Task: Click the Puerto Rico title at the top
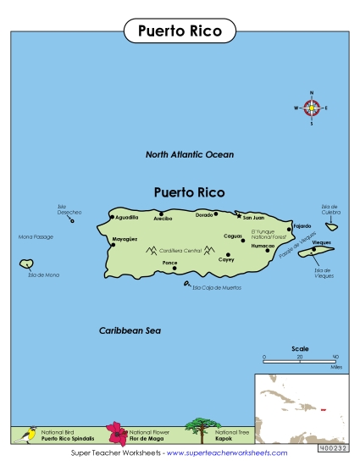[x=179, y=31]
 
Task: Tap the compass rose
[x=312, y=108]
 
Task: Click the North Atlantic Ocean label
[x=189, y=155]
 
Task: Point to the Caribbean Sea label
[x=129, y=330]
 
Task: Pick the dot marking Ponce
[x=174, y=269]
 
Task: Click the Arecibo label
[x=163, y=219]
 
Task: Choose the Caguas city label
[x=233, y=236]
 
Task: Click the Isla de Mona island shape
[x=27, y=265]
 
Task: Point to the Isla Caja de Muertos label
[x=217, y=288]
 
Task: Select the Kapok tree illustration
[x=199, y=430]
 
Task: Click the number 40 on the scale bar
[x=335, y=357]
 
